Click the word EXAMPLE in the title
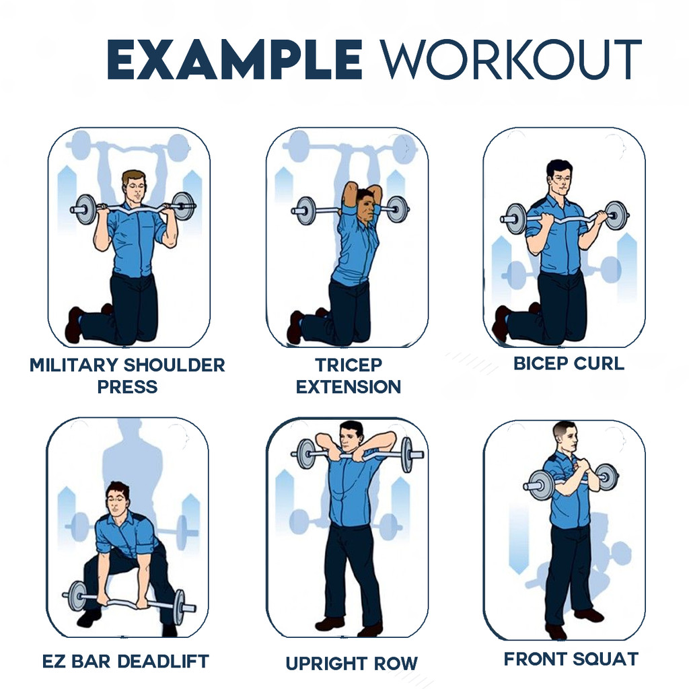tap(235, 59)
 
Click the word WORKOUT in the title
tap(511, 59)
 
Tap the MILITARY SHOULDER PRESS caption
tap(127, 375)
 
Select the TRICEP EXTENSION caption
tap(349, 375)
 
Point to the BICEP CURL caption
tap(569, 363)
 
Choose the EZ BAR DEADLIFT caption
tap(126, 661)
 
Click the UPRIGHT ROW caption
tap(351, 663)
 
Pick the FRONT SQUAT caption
tap(571, 659)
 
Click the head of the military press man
tap(134, 187)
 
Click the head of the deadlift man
tap(117, 500)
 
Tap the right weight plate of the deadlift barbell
tap(179, 608)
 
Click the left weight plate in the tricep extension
tap(305, 211)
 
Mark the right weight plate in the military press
tap(183, 206)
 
